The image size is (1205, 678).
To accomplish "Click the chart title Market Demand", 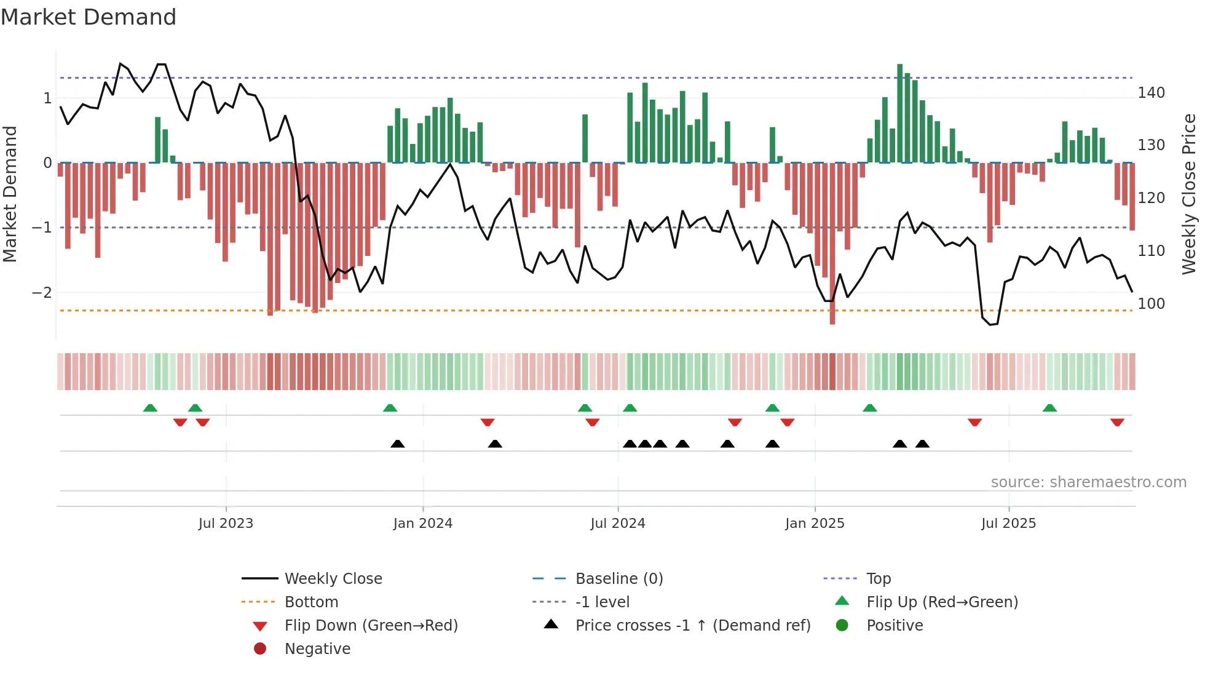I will [x=89, y=17].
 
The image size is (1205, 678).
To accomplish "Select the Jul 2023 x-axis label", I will [x=226, y=524].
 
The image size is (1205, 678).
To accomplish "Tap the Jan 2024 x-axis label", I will [x=423, y=524].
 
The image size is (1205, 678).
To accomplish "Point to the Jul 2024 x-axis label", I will [x=618, y=524].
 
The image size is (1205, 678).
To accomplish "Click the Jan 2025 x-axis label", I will [x=815, y=524].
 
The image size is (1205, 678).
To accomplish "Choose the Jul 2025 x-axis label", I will [x=1009, y=524].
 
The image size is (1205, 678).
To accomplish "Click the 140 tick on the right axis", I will [x=1151, y=93].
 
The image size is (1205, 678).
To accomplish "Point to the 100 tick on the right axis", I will [x=1151, y=304].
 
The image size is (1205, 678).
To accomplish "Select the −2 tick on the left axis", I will [x=42, y=293].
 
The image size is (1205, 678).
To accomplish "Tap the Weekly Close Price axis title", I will [x=1189, y=194].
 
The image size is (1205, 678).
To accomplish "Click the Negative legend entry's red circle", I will [x=260, y=648].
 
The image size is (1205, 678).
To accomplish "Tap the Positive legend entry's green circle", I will [x=842, y=626].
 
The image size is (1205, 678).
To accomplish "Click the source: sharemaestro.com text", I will [x=1088, y=482].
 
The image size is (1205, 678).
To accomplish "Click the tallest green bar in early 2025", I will [x=900, y=113].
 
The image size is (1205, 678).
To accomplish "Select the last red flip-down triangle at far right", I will [x=1117, y=422].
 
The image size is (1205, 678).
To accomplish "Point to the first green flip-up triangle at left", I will [x=150, y=408].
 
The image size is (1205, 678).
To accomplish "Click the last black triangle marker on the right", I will [x=922, y=444].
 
